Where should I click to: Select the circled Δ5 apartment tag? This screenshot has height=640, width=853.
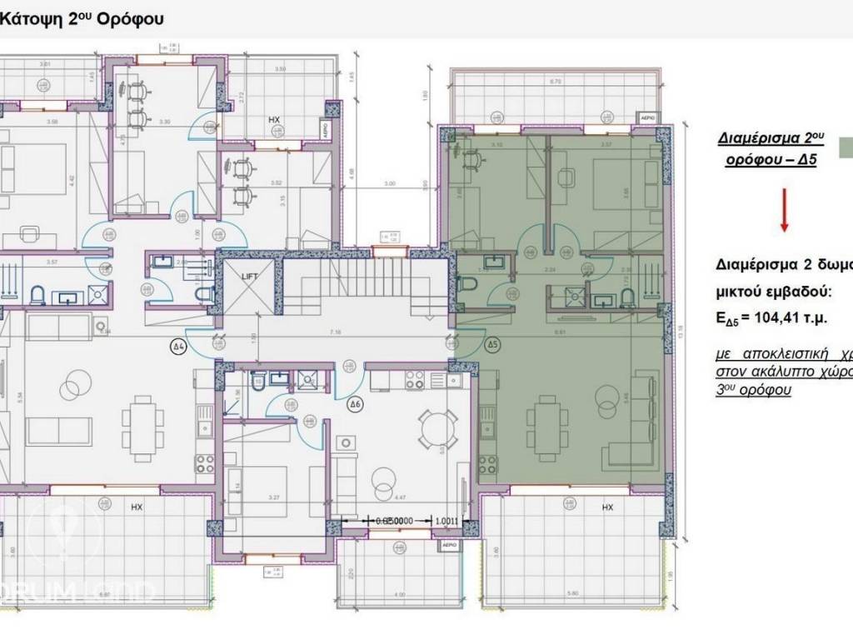(x=492, y=343)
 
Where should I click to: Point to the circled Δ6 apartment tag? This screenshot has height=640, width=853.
(x=355, y=405)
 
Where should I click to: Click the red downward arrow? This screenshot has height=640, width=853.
(x=784, y=212)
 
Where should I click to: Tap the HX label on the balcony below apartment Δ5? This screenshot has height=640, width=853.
(x=607, y=507)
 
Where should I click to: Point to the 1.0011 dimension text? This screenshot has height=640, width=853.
(x=446, y=522)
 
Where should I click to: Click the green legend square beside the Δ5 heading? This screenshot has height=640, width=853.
(x=846, y=147)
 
